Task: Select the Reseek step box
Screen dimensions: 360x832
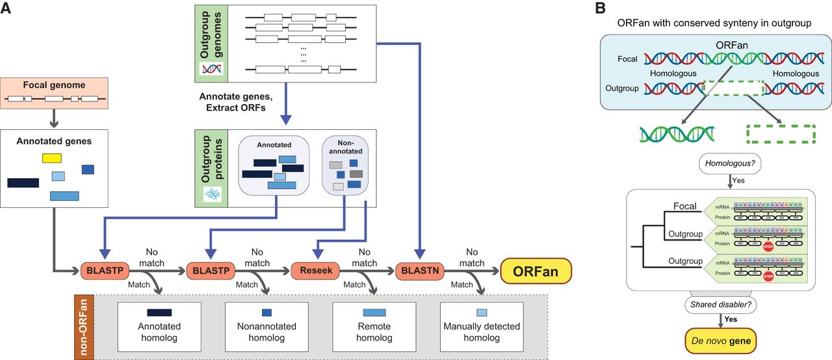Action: coord(315,270)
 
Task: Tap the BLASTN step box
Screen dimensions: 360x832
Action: coord(419,270)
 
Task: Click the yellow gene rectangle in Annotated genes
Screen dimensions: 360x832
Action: coord(52,158)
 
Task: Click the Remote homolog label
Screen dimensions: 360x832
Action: coord(375,332)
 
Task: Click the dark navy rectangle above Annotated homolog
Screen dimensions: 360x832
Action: coord(159,312)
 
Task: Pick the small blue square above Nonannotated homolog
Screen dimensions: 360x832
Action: coord(266,312)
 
